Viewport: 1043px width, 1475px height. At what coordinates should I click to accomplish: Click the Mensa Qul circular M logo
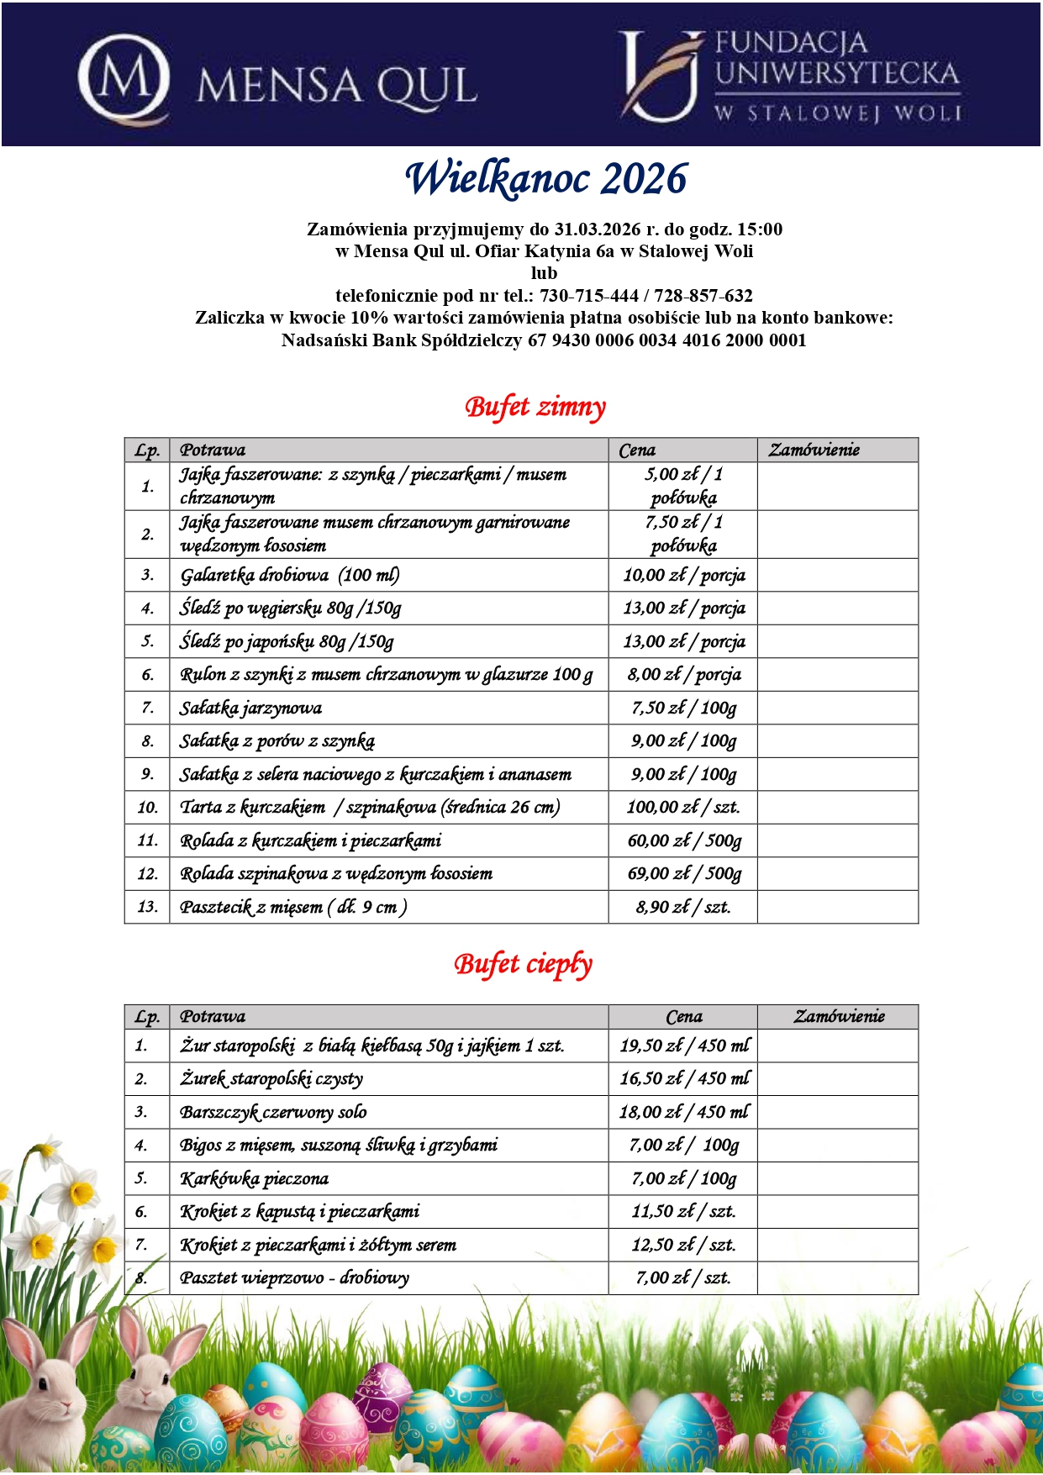[x=124, y=77]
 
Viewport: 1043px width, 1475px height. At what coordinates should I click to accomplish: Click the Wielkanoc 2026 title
[x=546, y=179]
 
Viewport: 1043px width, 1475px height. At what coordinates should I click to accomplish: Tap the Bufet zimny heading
[x=535, y=408]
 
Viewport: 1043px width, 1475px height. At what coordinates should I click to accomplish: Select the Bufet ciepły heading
[x=524, y=964]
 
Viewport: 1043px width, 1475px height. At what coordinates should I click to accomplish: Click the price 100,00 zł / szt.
[x=682, y=808]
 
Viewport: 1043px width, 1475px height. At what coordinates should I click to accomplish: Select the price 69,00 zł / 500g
[x=684, y=874]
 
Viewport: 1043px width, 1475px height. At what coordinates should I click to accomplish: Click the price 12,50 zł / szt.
[x=683, y=1246]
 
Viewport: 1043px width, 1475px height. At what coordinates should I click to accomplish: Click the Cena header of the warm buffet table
[x=683, y=1017]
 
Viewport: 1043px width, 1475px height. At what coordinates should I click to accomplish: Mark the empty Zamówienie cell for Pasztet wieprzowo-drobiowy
[x=837, y=1278]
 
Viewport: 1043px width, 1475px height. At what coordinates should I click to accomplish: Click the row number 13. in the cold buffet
[x=147, y=907]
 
